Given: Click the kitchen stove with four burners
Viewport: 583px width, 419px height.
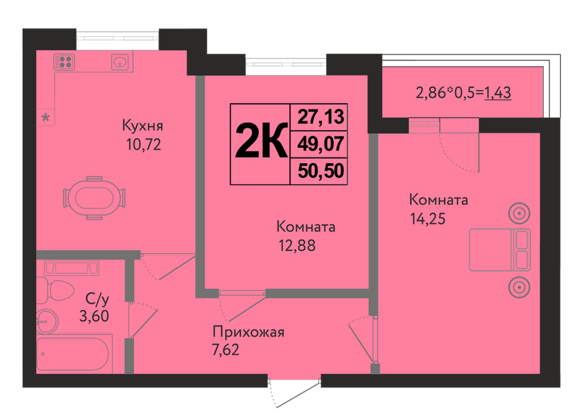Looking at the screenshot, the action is [64, 62].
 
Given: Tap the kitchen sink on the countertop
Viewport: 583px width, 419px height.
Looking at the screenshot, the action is [120, 62].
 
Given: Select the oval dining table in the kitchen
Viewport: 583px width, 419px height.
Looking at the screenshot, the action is [94, 198].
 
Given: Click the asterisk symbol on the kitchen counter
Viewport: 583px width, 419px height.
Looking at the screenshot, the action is [45, 118].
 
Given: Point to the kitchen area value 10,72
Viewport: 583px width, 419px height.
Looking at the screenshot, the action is [144, 144].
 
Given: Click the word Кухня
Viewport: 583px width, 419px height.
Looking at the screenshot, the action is [143, 125].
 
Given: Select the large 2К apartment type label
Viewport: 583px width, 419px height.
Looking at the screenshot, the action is [261, 141].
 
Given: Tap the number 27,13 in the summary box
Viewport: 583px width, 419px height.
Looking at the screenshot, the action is [321, 117].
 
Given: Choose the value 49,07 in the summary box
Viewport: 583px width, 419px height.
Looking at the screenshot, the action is [321, 144].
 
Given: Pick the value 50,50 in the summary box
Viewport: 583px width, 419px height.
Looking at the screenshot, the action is [321, 171].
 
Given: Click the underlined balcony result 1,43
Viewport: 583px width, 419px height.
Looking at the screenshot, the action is [498, 92].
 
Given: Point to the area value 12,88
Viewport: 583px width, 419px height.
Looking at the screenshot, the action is [297, 245].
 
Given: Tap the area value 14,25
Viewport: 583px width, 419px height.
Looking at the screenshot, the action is [428, 218].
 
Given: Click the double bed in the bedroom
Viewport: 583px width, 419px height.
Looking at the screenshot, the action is [500, 250].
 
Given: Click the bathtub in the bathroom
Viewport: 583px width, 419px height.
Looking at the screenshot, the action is [74, 354].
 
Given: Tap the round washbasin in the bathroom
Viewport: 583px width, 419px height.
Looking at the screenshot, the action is [47, 321].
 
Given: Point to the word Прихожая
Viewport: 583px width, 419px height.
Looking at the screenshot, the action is [248, 332].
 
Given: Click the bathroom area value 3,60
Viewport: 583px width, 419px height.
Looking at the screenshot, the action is [94, 316].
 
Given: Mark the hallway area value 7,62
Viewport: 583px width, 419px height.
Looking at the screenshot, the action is [226, 350].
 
